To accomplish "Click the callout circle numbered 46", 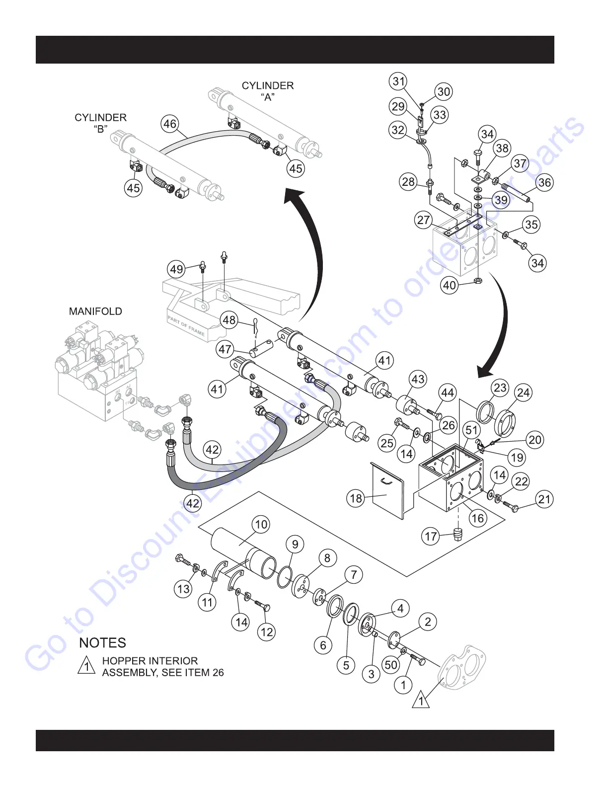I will click(170, 124).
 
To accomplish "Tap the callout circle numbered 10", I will click(261, 524).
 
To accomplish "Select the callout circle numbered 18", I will click(356, 498).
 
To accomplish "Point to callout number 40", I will click(450, 285).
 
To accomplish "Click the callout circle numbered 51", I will click(472, 430).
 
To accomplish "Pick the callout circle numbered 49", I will click(177, 269).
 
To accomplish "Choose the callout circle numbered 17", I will click(431, 537).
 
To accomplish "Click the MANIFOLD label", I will click(95, 312).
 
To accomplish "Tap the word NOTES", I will click(103, 643).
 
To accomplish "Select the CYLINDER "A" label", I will click(268, 91).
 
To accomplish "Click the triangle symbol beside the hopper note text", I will click(87, 666).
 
